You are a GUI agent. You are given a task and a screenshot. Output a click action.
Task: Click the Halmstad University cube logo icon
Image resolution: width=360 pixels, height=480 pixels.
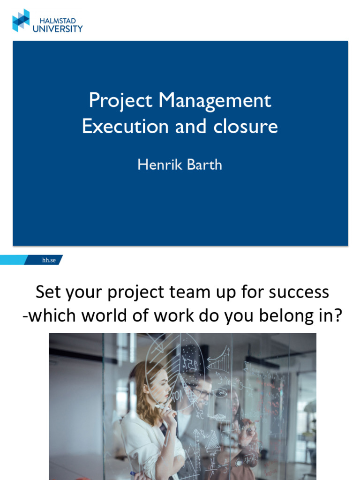click(21, 20)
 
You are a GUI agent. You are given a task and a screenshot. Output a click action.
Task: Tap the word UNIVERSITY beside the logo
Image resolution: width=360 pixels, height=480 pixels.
click(57, 29)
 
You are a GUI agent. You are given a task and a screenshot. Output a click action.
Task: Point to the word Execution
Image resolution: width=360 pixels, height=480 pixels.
click(125, 127)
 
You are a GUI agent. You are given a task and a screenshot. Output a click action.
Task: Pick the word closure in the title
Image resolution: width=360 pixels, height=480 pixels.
click(250, 127)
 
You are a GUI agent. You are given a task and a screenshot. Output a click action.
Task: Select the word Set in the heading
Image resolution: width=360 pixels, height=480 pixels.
click(48, 292)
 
